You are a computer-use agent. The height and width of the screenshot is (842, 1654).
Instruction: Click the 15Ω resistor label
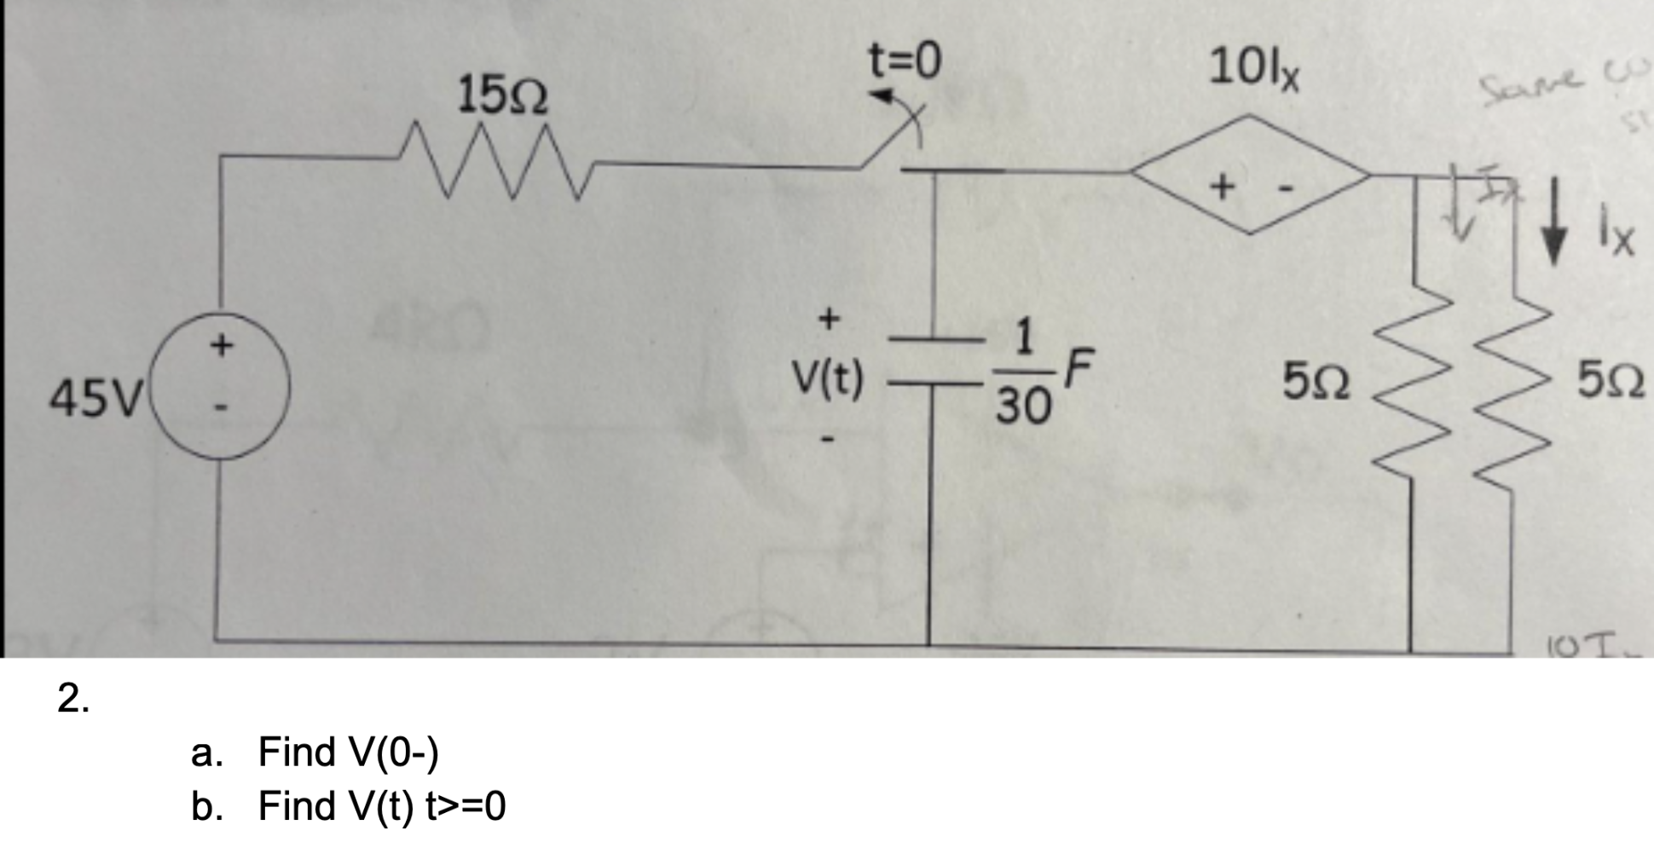(503, 95)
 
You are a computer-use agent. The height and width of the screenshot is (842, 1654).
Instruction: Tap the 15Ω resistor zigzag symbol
(494, 162)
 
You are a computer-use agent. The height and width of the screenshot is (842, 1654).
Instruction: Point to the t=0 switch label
(905, 61)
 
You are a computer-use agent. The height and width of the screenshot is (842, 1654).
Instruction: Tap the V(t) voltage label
(826, 380)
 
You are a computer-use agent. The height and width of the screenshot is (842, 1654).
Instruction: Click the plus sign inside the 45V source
(222, 345)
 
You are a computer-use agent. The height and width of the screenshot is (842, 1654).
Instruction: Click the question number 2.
(73, 699)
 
